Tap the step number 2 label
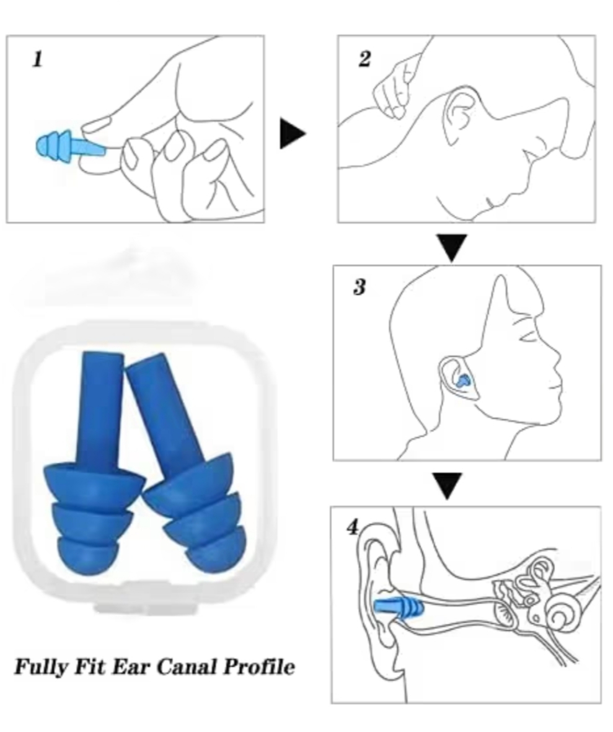tap(365, 59)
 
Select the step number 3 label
tap(359, 287)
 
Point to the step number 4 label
tap(353, 527)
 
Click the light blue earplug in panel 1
tap(70, 147)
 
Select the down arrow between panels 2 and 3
tap(451, 247)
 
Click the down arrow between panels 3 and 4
tap(448, 486)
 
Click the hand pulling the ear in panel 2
tap(397, 86)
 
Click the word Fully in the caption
tap(41, 667)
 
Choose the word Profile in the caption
tap(258, 666)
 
